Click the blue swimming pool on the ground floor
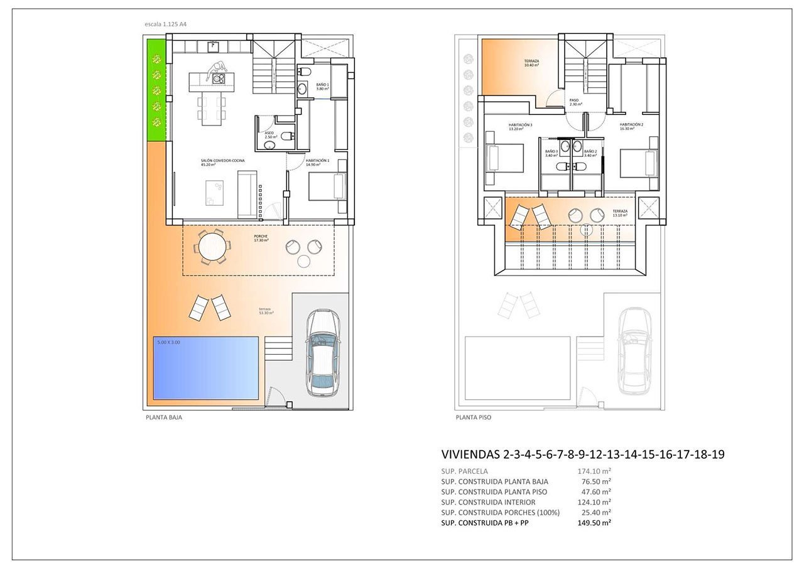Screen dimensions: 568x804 pyautogui.click(x=206, y=368)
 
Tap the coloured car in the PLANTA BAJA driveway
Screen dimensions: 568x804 pyautogui.click(x=322, y=353)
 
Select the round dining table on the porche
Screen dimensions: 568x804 pyautogui.click(x=212, y=245)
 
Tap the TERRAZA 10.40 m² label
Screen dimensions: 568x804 pyautogui.click(x=531, y=63)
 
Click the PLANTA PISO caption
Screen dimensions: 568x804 pyautogui.click(x=473, y=417)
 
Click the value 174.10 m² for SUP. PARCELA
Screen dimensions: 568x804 pyautogui.click(x=594, y=471)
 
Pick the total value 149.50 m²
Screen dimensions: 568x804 pyautogui.click(x=594, y=523)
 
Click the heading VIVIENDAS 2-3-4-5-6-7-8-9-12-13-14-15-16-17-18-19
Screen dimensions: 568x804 pyautogui.click(x=583, y=454)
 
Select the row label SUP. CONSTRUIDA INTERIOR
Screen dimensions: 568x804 pyautogui.click(x=488, y=502)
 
